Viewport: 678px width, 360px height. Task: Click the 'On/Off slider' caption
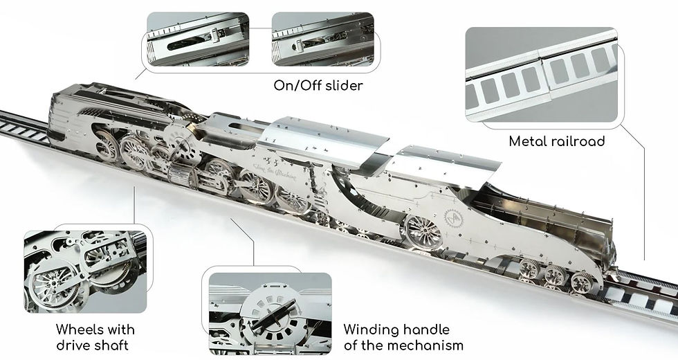point(317,86)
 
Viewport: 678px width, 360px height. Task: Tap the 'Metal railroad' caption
point(557,141)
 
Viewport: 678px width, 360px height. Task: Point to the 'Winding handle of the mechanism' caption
point(403,337)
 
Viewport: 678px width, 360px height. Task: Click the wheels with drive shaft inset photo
point(85,271)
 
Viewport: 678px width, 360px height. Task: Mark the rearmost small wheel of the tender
point(583,282)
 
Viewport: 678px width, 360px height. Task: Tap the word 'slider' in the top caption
point(342,86)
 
